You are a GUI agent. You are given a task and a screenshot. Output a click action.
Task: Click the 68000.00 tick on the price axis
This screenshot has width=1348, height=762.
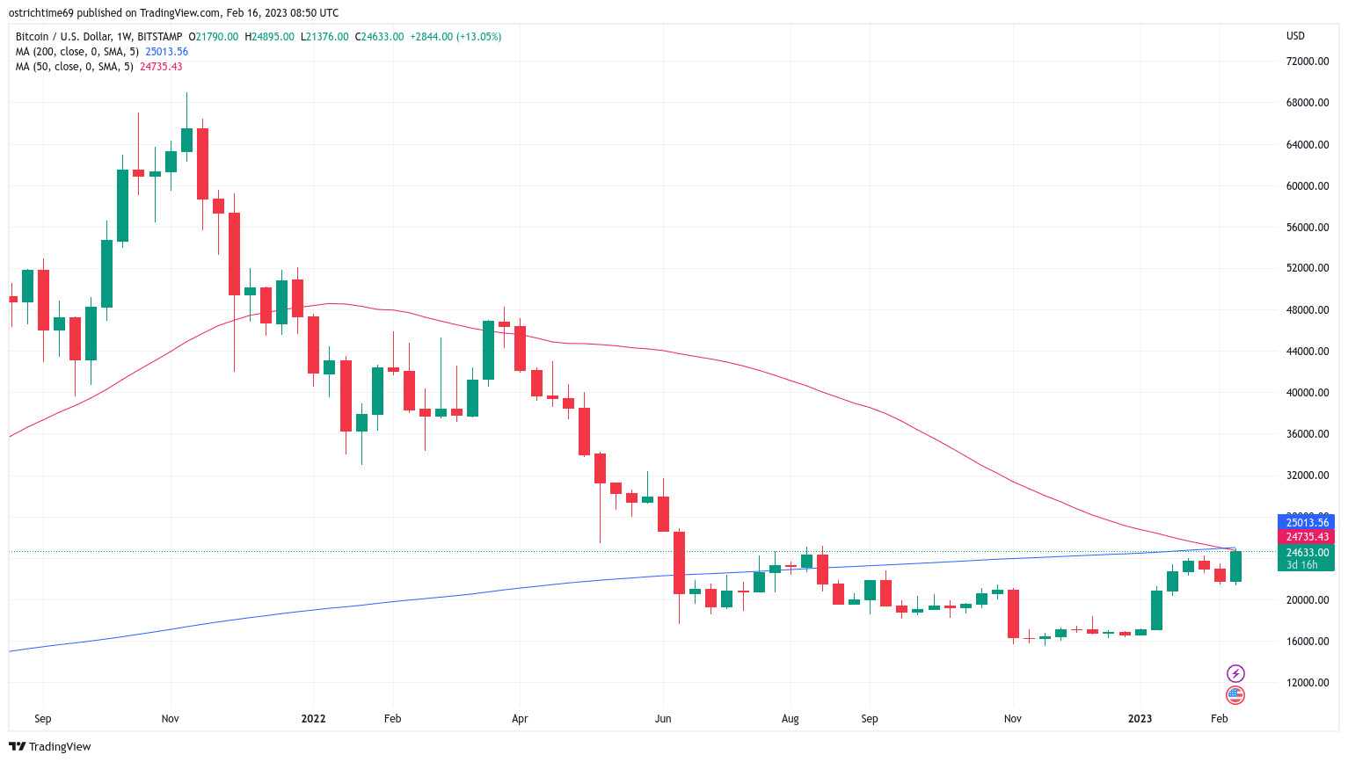click(x=1308, y=103)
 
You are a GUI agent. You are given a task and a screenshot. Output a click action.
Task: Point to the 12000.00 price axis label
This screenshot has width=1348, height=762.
click(x=1308, y=683)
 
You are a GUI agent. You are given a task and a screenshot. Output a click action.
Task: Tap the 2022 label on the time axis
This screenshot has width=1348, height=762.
click(x=313, y=719)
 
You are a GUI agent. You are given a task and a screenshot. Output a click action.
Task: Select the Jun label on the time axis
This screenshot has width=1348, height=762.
click(x=663, y=719)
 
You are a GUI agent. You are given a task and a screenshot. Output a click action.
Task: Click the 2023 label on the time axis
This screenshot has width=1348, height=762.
click(x=1140, y=719)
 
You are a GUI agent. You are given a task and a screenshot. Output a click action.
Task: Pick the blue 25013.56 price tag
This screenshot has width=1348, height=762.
click(x=1307, y=523)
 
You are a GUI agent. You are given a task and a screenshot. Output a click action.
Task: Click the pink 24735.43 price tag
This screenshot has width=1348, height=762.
click(x=1307, y=537)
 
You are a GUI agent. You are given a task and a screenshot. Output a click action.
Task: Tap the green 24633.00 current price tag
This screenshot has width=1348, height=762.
click(x=1307, y=553)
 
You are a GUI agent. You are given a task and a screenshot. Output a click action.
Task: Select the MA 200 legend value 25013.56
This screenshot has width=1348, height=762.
click(x=166, y=52)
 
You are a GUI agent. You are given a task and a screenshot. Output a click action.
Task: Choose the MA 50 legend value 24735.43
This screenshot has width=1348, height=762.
click(x=161, y=67)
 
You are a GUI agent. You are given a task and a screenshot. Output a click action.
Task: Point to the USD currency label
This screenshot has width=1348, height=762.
click(x=1295, y=36)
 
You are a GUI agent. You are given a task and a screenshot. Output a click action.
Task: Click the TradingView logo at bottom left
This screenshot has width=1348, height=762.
click(x=50, y=747)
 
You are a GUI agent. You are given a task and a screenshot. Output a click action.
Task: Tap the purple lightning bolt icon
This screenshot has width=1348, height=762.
click(x=1235, y=674)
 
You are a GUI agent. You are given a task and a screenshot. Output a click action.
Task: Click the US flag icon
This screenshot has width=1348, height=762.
click(x=1235, y=695)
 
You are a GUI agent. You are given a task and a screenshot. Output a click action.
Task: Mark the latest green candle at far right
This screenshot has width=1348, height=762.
click(x=1235, y=567)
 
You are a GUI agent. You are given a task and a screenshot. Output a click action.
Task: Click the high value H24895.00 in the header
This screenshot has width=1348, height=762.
click(x=269, y=37)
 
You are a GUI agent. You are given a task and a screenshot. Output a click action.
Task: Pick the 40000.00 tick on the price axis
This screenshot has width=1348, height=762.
click(x=1308, y=393)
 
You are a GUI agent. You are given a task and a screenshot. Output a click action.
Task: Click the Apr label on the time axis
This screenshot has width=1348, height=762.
click(x=520, y=719)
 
